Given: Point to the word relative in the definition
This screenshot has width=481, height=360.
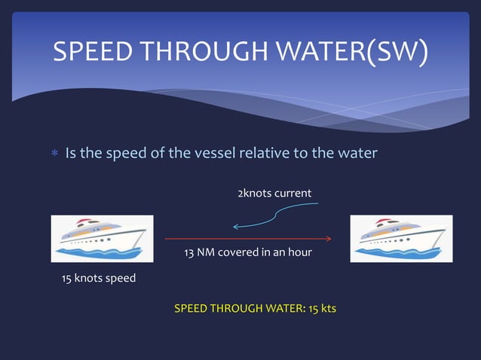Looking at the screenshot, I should pos(264,154).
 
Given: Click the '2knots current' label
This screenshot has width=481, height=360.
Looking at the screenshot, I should pos(274,194).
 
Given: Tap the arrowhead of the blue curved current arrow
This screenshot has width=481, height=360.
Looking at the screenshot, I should pos(235,226).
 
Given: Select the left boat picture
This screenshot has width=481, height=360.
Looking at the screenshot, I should pos(102,238).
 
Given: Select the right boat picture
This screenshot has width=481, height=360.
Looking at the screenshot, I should pos(401,238).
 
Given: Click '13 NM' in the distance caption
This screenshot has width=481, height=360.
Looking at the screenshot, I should pos(200,252).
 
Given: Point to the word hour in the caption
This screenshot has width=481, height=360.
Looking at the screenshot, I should pos(299,252).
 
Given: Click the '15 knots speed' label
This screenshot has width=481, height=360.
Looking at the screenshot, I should pos(98,279).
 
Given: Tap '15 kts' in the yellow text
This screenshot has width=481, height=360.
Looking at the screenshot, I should pos(322,309).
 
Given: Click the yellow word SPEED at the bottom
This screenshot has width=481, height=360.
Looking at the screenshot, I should pos(189,309).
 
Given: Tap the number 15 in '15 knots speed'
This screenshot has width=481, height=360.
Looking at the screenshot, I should pos(66,279).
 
